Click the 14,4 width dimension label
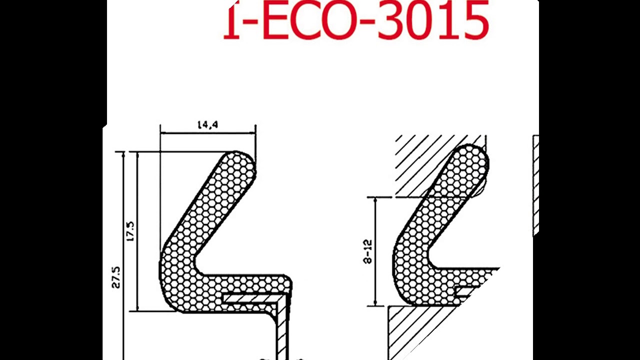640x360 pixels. (207, 125)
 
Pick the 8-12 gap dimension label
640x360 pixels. (368, 251)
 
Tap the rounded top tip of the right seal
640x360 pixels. (472, 155)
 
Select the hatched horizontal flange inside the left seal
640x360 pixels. (250, 298)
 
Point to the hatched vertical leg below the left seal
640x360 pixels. (282, 330)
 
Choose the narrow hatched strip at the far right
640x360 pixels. (536, 185)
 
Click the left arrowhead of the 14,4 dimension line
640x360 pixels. (163, 133)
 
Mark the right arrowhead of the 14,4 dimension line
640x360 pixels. (253, 133)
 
